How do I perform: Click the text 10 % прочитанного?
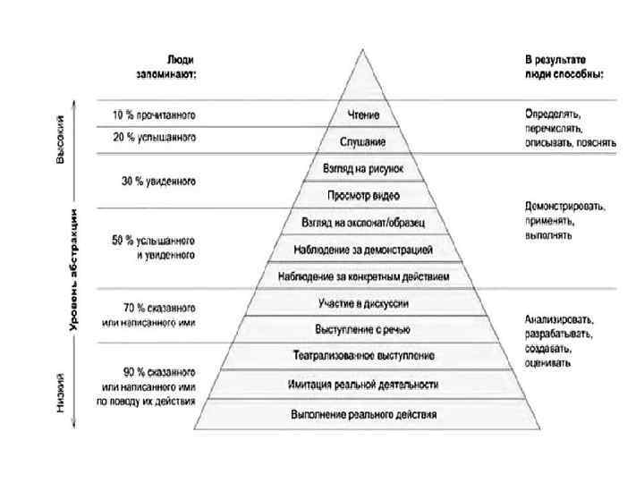tap(154, 115)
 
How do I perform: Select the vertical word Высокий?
tap(60, 140)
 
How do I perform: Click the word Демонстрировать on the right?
tap(564, 207)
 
